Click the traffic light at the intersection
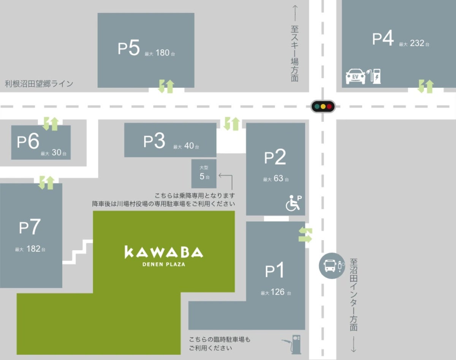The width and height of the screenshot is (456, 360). coord(323,106)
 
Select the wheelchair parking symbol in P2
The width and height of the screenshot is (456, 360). coord(293,202)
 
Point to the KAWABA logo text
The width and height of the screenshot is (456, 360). coord(164,252)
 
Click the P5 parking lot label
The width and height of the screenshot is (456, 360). coord(129,49)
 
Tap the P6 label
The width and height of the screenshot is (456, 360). coord(28,142)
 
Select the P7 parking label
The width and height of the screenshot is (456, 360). coord(30,228)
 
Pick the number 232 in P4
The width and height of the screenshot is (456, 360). coord(417,43)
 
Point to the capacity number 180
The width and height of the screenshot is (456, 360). coord(162,53)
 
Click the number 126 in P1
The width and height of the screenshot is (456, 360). coord(278,292)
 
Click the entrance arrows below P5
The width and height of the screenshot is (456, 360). coord(166,86)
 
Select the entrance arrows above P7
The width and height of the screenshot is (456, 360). coord(46,183)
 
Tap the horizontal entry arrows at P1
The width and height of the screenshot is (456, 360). coord(306,235)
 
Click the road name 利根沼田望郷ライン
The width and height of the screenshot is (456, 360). coord(39,84)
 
